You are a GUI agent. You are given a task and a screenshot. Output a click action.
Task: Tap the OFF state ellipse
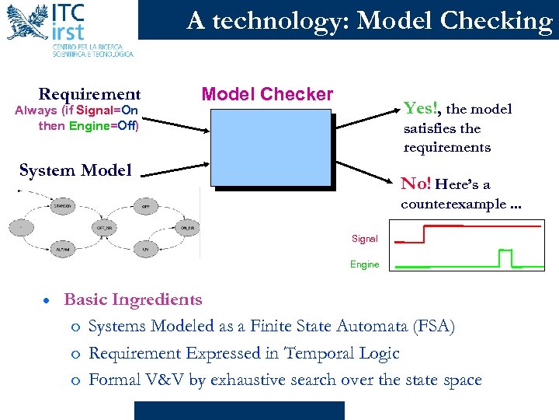[x=146, y=206]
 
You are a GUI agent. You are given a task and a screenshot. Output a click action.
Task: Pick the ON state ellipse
[x=145, y=249]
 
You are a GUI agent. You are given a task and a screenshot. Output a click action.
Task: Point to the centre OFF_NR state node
[x=104, y=228]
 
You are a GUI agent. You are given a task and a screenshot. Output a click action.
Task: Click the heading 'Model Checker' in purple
[x=267, y=95]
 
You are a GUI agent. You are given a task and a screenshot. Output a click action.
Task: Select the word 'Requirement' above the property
[x=89, y=95]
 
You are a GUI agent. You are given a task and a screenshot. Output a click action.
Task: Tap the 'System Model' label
[x=75, y=170]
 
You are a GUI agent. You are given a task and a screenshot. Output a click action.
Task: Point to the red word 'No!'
[x=416, y=184]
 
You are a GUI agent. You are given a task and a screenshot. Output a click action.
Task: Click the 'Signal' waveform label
[x=364, y=239]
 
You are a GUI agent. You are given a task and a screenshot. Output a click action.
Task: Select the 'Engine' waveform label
[x=364, y=264]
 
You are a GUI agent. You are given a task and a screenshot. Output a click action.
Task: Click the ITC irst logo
[x=70, y=29]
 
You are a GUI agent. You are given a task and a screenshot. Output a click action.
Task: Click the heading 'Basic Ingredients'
[x=133, y=299]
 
